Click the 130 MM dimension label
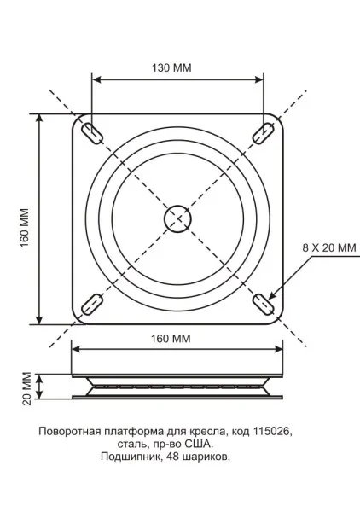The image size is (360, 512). click(x=171, y=67)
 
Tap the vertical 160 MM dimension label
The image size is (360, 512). click(x=26, y=228)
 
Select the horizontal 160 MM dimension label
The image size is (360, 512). click(x=171, y=339)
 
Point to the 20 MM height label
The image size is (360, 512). click(x=26, y=388)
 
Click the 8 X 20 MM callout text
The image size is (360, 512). click(x=329, y=247)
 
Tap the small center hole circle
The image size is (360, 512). click(x=177, y=218)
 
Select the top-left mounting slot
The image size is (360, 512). click(x=92, y=134)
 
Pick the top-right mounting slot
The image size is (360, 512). click(x=263, y=133)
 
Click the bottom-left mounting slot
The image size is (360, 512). click(x=91, y=304)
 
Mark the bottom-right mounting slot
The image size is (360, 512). click(x=263, y=305)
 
